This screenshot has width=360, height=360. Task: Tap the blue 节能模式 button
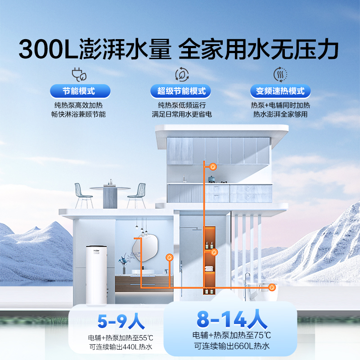pyautogui.click(x=79, y=91)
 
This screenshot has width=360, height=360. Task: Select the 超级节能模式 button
pyautogui.click(x=181, y=91)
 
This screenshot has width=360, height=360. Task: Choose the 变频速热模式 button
pyautogui.click(x=280, y=91)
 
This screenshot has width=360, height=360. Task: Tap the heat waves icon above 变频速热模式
pyautogui.click(x=280, y=74)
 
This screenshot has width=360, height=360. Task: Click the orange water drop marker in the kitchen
pyautogui.click(x=214, y=166)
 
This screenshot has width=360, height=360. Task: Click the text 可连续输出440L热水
pyautogui.click(x=121, y=348)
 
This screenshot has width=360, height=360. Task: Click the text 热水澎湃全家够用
pyautogui.click(x=280, y=114)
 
